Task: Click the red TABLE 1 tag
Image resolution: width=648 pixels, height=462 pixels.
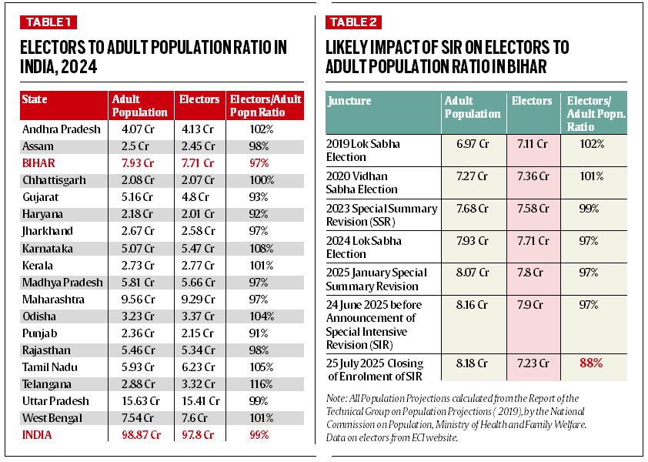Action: pos(48,22)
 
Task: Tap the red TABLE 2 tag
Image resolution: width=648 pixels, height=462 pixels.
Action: pos(355,22)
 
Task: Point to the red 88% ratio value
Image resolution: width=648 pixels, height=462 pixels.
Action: pos(592,362)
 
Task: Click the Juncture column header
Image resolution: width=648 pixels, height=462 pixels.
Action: pos(349,101)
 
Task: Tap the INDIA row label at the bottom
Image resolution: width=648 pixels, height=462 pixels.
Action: pos(38,434)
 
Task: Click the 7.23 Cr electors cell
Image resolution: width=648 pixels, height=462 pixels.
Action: pos(533,362)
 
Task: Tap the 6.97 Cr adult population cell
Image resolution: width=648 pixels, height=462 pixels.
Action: pos(472,143)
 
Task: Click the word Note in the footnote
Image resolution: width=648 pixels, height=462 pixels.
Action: pos(337,397)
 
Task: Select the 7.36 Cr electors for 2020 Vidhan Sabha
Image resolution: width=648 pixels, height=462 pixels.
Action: pos(533,176)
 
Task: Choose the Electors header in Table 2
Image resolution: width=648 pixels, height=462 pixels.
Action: pos(532,101)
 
